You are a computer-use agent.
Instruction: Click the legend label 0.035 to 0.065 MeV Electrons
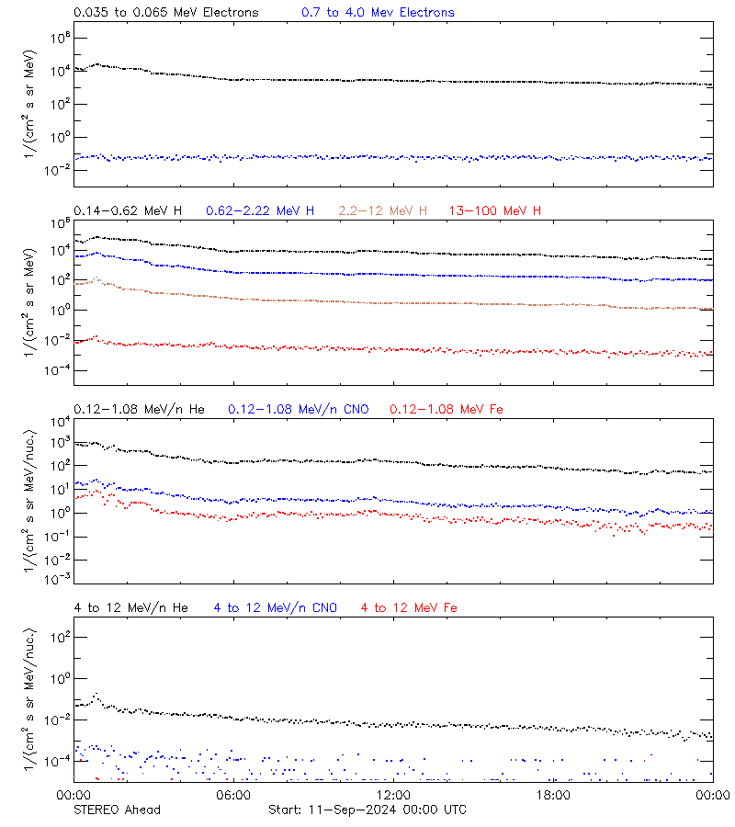165,13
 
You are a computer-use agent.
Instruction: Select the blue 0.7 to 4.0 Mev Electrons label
378,13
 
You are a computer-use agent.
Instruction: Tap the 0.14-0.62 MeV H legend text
128,211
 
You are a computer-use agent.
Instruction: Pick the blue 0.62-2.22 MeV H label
260,211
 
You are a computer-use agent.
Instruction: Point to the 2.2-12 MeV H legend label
383,211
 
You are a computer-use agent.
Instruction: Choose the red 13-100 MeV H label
495,211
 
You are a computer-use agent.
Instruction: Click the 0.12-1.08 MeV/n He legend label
142,409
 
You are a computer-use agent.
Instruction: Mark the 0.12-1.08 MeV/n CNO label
298,409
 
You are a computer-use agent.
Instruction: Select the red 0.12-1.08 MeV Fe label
447,409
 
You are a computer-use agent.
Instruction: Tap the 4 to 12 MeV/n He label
131,607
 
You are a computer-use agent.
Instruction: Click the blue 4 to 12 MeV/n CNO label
276,607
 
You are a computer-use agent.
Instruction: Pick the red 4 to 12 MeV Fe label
410,607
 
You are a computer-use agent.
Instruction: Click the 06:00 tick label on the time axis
233,795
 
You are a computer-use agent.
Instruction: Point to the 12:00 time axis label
393,795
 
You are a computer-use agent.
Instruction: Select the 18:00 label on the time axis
553,795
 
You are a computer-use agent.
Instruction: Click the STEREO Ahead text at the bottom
117,810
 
